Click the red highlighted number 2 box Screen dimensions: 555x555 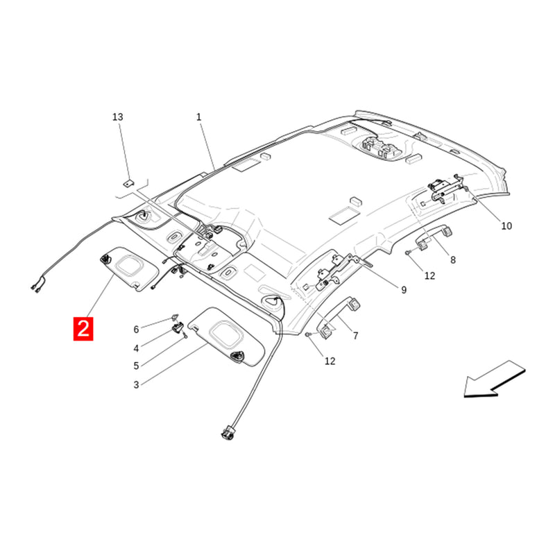click(83, 329)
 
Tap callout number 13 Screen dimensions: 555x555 click(117, 117)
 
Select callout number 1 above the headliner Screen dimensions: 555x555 click(199, 117)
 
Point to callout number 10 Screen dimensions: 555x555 click(506, 226)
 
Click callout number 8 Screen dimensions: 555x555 click(453, 260)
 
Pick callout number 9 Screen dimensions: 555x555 click(404, 290)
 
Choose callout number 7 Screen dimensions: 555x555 click(356, 336)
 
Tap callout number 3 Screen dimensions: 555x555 click(136, 385)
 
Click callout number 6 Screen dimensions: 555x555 click(136, 330)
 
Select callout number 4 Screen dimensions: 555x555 click(136, 349)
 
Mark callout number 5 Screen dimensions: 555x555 click(136, 366)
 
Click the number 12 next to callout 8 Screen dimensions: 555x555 click(429, 275)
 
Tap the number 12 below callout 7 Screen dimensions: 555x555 click(330, 361)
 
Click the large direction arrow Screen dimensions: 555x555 click(494, 379)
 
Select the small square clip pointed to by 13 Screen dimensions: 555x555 click(128, 183)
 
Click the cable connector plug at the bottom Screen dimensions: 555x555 click(227, 432)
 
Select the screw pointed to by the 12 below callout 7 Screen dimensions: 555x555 click(308, 334)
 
